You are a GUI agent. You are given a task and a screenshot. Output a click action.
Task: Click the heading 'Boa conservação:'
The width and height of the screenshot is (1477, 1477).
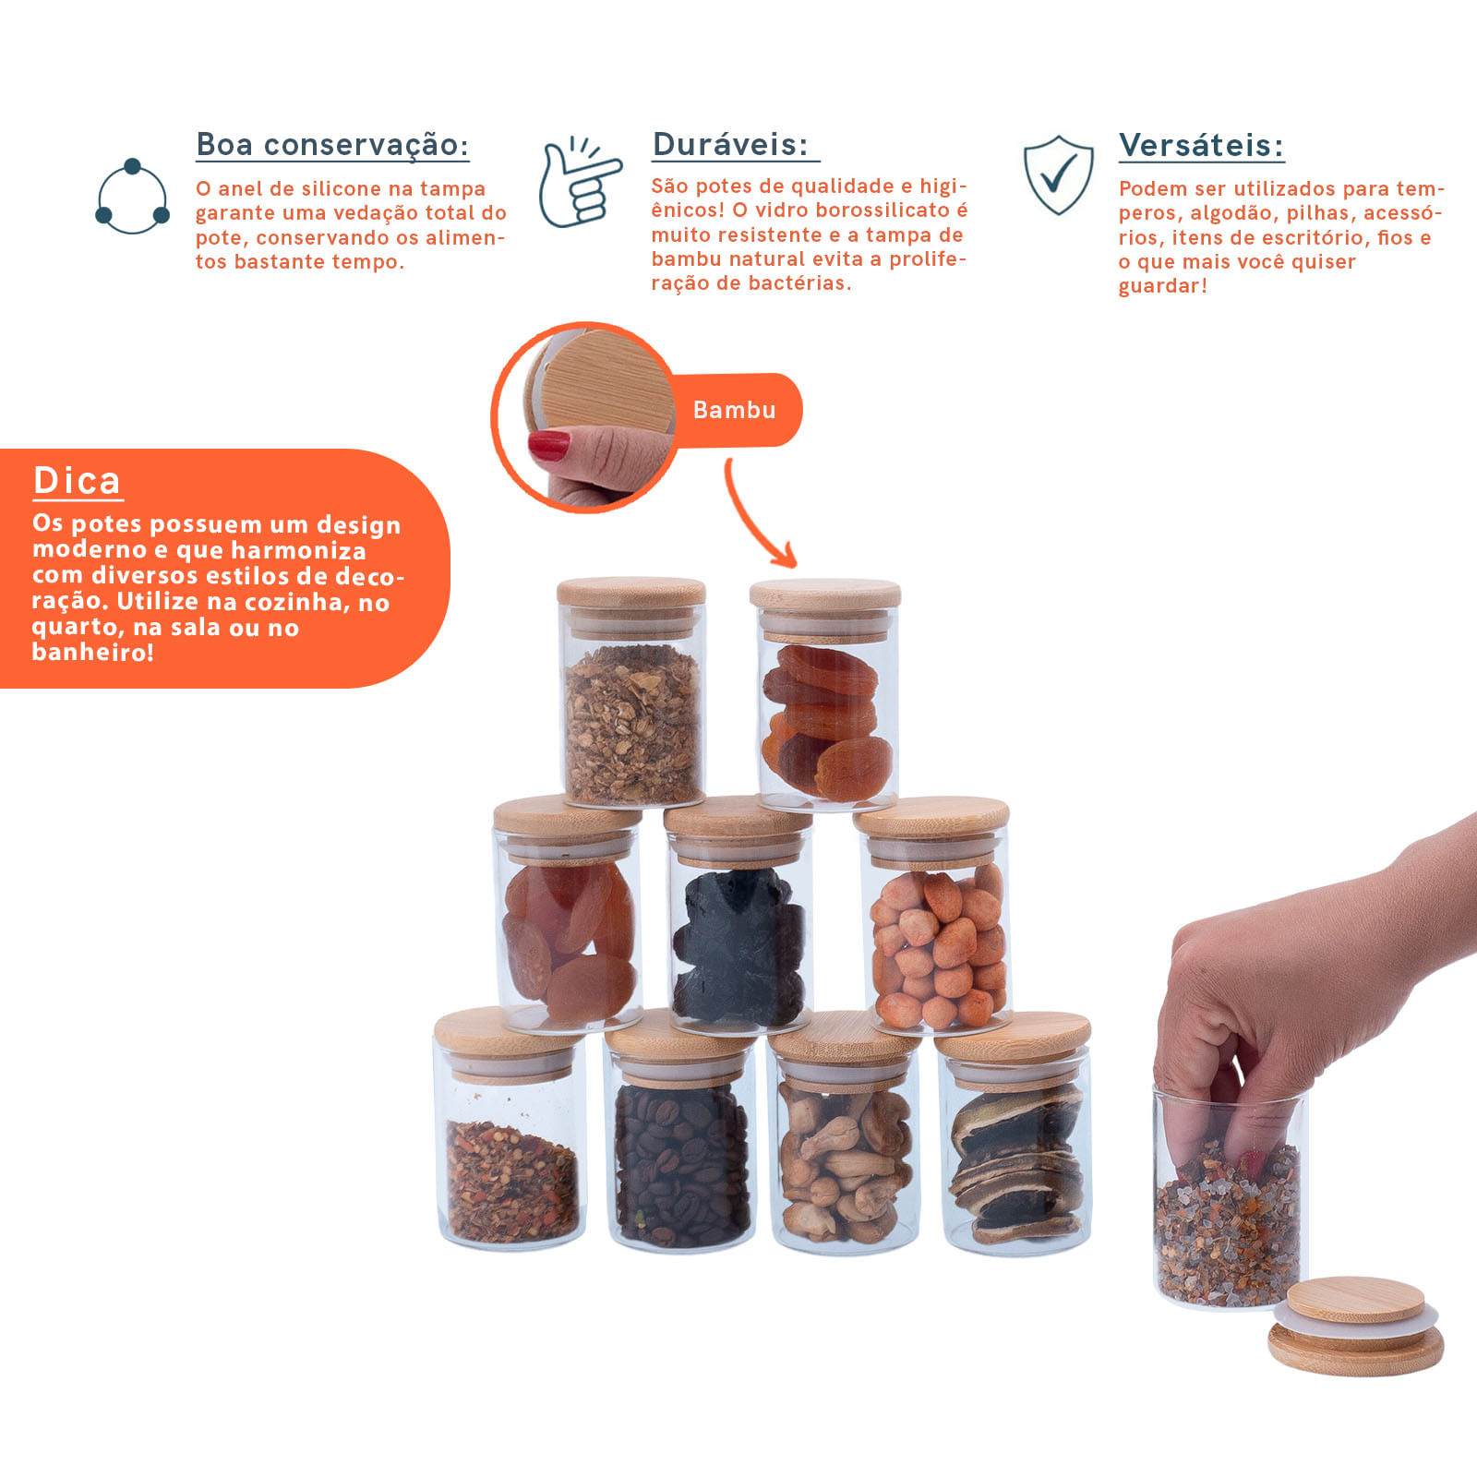pyautogui.click(x=332, y=145)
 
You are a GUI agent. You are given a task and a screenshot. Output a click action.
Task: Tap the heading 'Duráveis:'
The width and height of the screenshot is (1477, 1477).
pyautogui.click(x=730, y=144)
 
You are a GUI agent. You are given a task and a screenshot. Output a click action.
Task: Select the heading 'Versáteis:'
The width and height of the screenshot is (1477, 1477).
pyautogui.click(x=1201, y=145)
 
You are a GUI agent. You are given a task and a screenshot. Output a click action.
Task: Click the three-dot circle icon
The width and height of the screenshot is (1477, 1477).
pyautogui.click(x=133, y=196)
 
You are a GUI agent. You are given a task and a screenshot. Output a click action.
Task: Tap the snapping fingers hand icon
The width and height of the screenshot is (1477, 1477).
pyautogui.click(x=580, y=182)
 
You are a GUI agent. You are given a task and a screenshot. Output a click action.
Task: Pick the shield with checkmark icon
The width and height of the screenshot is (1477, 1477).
pyautogui.click(x=1059, y=175)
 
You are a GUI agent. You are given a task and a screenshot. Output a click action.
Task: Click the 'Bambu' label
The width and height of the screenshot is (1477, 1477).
pyautogui.click(x=735, y=410)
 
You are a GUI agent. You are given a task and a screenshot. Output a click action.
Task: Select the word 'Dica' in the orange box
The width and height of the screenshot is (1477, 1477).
pyautogui.click(x=77, y=481)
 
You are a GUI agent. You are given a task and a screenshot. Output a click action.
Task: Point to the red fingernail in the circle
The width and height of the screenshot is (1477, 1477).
pyautogui.click(x=548, y=445)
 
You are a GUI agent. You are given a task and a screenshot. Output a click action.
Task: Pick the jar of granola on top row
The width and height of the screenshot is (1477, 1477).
pyautogui.click(x=632, y=693)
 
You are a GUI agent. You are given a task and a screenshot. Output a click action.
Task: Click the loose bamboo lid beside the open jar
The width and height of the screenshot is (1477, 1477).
pyautogui.click(x=1356, y=1326)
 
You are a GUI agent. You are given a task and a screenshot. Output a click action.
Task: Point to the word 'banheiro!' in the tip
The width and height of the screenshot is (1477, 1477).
pyautogui.click(x=92, y=653)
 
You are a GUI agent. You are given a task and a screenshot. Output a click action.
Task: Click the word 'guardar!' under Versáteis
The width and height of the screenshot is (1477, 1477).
pyautogui.click(x=1163, y=286)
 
